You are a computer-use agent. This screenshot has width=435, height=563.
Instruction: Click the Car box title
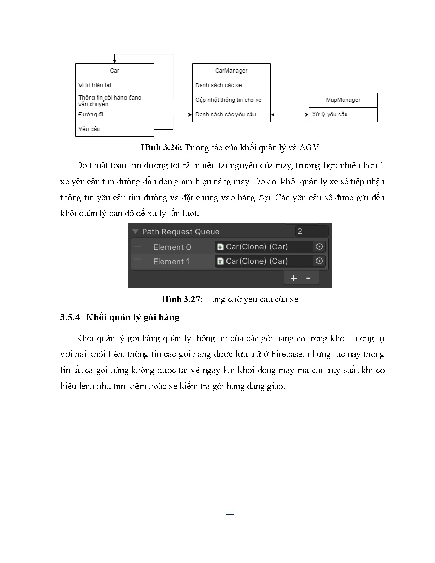(115, 71)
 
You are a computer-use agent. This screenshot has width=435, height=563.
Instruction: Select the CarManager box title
(231, 71)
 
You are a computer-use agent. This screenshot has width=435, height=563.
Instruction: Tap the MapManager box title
(343, 100)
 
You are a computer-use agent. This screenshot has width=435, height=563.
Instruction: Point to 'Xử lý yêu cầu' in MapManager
(330, 114)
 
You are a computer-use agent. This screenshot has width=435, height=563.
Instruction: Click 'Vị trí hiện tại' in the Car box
(95, 85)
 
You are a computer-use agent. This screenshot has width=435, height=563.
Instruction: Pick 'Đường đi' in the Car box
(91, 114)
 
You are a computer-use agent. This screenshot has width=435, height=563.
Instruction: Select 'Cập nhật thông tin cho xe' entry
(228, 100)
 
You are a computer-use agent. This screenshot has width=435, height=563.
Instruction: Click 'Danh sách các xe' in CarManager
(218, 85)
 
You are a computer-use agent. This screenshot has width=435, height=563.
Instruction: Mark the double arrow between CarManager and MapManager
(290, 115)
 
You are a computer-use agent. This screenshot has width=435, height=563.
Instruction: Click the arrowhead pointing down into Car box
(115, 61)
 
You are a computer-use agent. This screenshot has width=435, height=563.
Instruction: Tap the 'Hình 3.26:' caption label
(162, 148)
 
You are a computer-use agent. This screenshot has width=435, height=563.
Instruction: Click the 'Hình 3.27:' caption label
(182, 299)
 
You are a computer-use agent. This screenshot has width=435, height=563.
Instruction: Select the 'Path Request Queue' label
(180, 232)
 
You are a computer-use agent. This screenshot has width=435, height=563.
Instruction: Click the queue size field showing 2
(311, 231)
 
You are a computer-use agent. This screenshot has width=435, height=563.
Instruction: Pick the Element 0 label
(172, 247)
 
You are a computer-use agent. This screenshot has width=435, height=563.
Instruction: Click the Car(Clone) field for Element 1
(264, 261)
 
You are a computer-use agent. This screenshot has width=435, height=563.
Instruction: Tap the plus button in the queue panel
(293, 278)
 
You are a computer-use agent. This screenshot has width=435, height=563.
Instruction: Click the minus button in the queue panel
(308, 278)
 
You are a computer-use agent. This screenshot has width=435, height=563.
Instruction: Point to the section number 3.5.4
(70, 318)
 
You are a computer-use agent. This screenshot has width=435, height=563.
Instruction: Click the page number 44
(230, 513)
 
